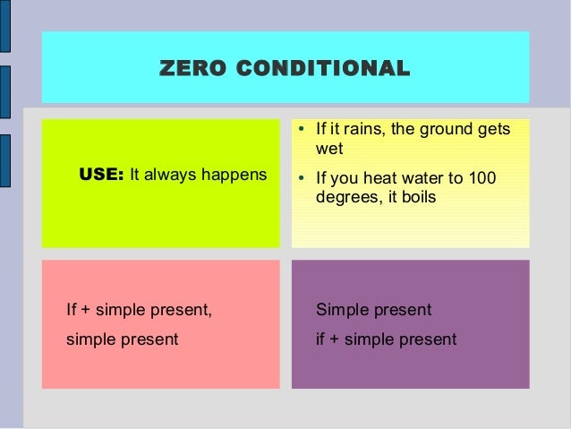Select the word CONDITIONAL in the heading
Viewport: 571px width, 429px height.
tap(318, 68)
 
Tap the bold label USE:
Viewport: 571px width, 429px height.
tap(101, 175)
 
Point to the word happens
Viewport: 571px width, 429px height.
tap(237, 175)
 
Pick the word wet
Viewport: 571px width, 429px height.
tap(329, 149)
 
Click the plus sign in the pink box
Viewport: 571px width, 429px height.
tap(86, 311)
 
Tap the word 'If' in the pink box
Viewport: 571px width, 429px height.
tap(72, 310)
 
